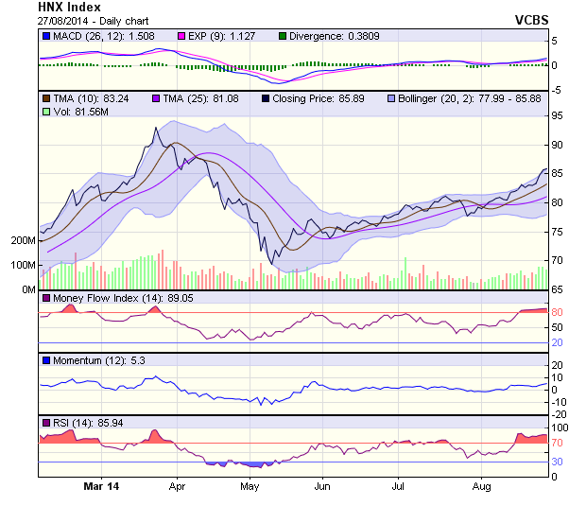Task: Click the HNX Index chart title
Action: click(x=69, y=7)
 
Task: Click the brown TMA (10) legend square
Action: click(x=45, y=97)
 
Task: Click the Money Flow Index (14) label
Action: click(x=108, y=298)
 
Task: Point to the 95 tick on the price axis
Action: click(x=559, y=115)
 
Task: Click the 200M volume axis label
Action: click(x=22, y=241)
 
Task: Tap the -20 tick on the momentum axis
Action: click(x=560, y=413)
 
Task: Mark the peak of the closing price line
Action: click(x=153, y=128)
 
